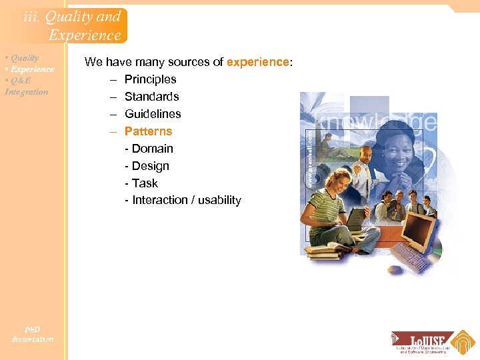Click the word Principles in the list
(x=150, y=79)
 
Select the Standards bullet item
(x=151, y=97)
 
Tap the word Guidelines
(x=153, y=114)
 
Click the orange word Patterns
(x=148, y=131)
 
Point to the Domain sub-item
(x=152, y=149)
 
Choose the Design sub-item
(x=150, y=166)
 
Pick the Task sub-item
(x=145, y=183)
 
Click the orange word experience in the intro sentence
(x=257, y=62)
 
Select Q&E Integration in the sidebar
(x=26, y=87)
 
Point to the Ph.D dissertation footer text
(x=32, y=334)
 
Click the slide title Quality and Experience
(x=72, y=26)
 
